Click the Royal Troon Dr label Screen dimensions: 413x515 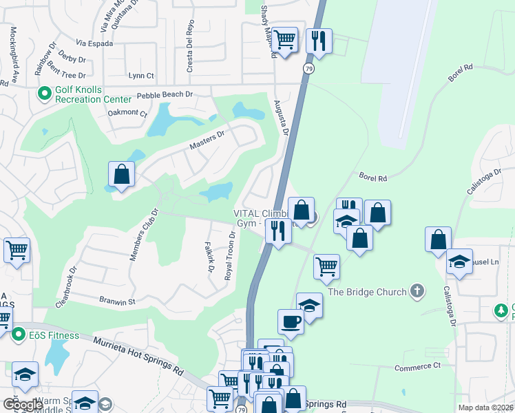point(230,255)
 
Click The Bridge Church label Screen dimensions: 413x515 point(367,292)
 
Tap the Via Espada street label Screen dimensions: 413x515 point(94,43)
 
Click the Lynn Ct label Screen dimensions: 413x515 point(141,76)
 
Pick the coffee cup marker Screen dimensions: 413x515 point(291,322)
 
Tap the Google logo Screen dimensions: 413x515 point(23,404)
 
